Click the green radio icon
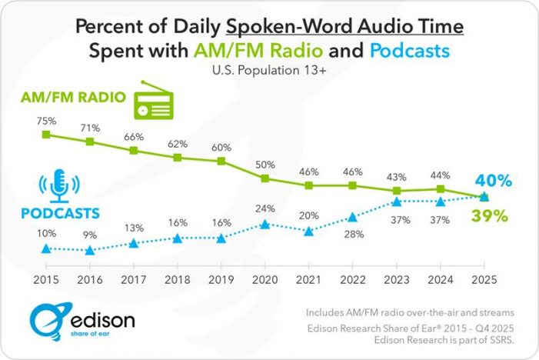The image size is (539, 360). tap(156, 104)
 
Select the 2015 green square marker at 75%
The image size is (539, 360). tap(46, 135)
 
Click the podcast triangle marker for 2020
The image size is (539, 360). tap(265, 225)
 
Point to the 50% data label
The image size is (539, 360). tap(265, 164)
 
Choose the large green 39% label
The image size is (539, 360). tap(489, 216)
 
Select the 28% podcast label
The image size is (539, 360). tap(352, 233)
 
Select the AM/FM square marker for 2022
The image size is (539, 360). tap(352, 185)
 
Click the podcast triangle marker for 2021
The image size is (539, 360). tap(308, 231)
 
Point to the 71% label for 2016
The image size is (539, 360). tap(90, 125)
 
